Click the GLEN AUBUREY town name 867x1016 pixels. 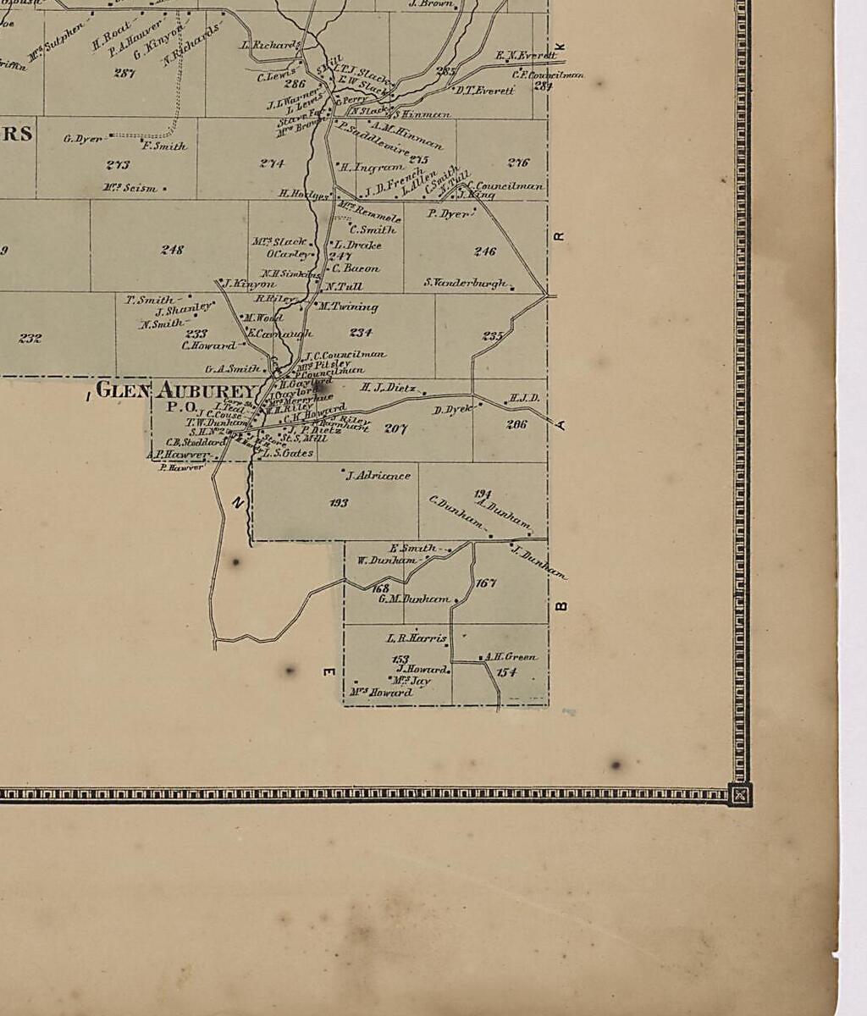tap(175, 390)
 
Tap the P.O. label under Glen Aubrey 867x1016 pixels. tap(181, 406)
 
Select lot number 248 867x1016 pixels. tap(172, 250)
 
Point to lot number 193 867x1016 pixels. tap(339, 503)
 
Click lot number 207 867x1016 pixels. tap(395, 429)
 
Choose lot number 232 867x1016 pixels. tap(30, 338)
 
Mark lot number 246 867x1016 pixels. tap(484, 251)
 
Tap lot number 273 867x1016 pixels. tap(118, 165)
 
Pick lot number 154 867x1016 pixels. tap(506, 672)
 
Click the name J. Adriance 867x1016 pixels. tap(378, 476)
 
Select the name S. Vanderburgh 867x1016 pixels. tap(466, 283)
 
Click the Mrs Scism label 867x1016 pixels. tap(130, 188)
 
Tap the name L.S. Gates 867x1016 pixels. tap(288, 453)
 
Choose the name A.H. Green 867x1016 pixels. tap(510, 657)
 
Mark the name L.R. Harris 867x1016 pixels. tap(416, 638)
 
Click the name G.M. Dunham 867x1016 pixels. tap(413, 599)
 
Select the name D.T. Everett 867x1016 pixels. tap(484, 91)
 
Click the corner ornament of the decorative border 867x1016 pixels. tap(740, 794)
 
